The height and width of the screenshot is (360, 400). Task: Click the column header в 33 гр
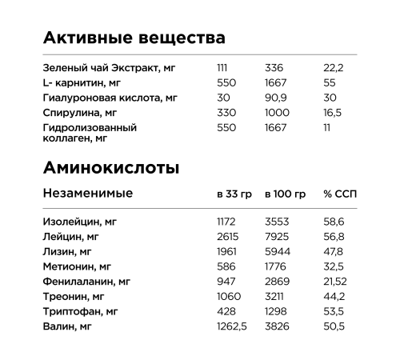(x=233, y=194)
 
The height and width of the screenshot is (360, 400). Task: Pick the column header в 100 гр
(x=285, y=194)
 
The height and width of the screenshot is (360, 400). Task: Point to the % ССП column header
(x=338, y=194)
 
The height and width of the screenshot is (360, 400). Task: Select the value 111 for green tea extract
(x=222, y=68)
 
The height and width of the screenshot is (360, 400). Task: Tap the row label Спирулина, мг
(x=80, y=113)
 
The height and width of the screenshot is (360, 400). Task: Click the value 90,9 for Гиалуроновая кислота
(x=276, y=98)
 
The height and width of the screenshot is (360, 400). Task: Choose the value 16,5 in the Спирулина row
(x=332, y=113)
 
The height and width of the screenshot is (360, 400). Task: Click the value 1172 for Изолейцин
(x=228, y=221)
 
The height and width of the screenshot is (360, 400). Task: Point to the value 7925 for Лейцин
(x=277, y=236)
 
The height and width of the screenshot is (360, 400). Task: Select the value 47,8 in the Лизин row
(x=334, y=251)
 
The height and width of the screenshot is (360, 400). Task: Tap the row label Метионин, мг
(x=79, y=266)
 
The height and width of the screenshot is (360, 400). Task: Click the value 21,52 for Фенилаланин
(x=336, y=282)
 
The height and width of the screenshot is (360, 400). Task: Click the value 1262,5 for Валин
(x=232, y=326)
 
